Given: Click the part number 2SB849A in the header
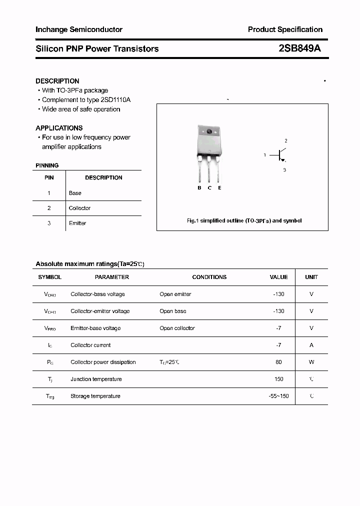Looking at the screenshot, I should click(300, 48).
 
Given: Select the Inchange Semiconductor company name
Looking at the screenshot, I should click(79, 29).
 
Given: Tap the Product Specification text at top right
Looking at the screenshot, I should click(285, 29).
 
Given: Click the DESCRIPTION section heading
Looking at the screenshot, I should click(57, 81).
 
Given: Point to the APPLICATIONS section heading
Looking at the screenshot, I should click(59, 128).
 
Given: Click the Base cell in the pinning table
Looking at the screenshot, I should click(75, 193).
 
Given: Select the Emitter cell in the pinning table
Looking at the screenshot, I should click(77, 223).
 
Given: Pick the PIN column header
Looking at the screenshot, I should click(49, 177).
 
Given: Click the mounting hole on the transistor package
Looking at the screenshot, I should click(209, 132).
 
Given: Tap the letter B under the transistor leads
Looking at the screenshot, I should click(199, 188).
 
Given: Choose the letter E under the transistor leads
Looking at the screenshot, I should click(219, 188).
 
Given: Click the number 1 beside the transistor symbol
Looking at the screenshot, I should click(265, 155).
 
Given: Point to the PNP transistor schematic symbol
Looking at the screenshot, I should click(281, 155).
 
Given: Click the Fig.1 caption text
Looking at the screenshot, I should click(244, 220).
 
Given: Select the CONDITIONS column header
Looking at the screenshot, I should click(209, 277).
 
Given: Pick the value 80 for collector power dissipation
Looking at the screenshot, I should click(278, 362).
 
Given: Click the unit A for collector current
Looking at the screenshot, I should click(311, 345).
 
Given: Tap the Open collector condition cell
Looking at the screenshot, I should click(177, 328).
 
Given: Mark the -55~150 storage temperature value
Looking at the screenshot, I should click(278, 396).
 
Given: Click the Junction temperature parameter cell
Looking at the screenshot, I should click(96, 379).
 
